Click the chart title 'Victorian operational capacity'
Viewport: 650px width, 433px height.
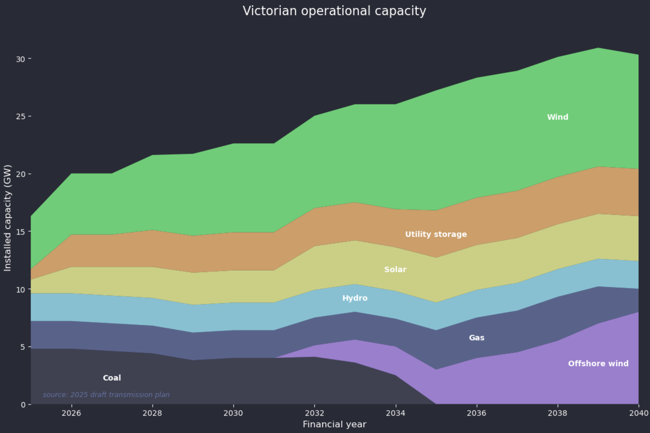tap(334, 11)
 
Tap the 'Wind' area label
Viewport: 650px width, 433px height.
tap(558, 117)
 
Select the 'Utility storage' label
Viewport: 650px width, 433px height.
tap(436, 234)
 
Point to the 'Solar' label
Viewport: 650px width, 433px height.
tap(395, 269)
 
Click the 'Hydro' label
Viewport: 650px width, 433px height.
tap(355, 298)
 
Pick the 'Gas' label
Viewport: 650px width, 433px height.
tap(477, 338)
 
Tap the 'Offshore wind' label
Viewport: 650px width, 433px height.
tap(598, 364)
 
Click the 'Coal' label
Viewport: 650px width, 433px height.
tap(112, 378)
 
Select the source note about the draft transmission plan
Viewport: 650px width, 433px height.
tap(106, 395)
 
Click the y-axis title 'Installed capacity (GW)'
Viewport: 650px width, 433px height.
tap(8, 218)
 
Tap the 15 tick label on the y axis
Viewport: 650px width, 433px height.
tap(20, 232)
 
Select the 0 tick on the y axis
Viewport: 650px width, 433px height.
tap(23, 405)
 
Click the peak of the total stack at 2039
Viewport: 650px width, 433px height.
tap(598, 48)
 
